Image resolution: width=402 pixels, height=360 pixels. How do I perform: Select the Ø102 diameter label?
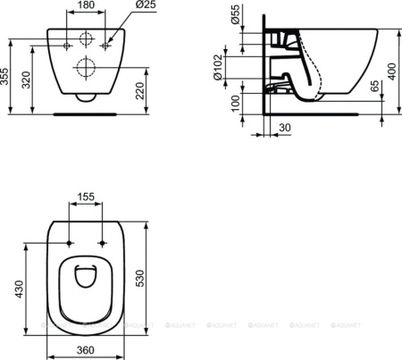[x=234, y=66]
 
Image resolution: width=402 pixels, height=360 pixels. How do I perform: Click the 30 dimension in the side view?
[x=285, y=127]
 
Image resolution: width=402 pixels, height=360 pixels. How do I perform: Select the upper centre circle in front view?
[x=88, y=39]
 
